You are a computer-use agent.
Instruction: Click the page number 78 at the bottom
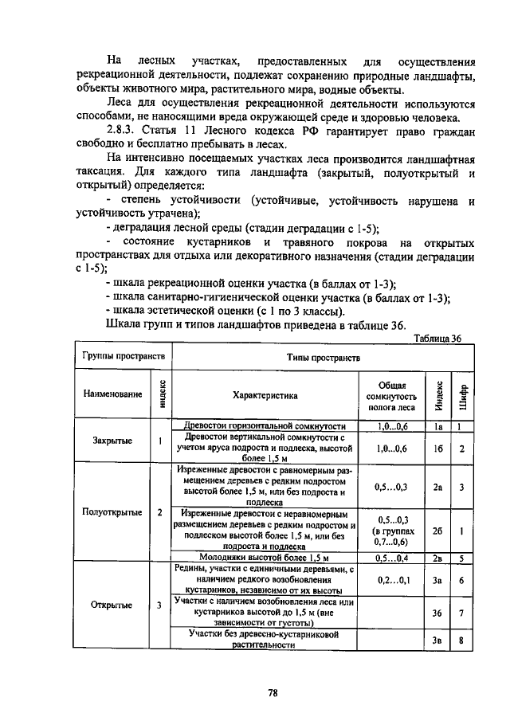coord(272,692)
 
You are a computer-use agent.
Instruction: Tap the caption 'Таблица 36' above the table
coord(438,338)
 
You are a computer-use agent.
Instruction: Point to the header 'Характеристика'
coord(265,394)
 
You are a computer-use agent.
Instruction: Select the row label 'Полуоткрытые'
coord(112,511)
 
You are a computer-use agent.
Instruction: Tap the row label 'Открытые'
coord(112,605)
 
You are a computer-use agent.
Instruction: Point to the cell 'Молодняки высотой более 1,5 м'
coord(265,558)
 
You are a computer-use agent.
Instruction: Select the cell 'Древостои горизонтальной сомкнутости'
coord(265,427)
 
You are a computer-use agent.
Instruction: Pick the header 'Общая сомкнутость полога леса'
coord(391,394)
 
